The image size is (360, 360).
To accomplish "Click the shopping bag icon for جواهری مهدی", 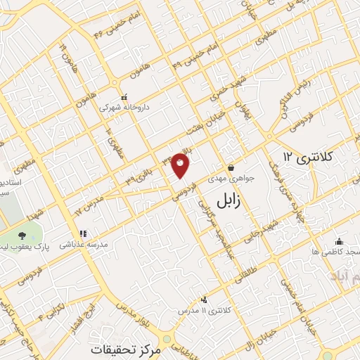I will click(x=231, y=167).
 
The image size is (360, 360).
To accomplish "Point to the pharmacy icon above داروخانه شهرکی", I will click(x=124, y=97).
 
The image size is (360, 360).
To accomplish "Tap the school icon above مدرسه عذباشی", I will click(x=82, y=233).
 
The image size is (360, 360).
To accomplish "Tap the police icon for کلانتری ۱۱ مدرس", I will click(x=204, y=300).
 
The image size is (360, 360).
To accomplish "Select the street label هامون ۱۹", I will click(x=65, y=53).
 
